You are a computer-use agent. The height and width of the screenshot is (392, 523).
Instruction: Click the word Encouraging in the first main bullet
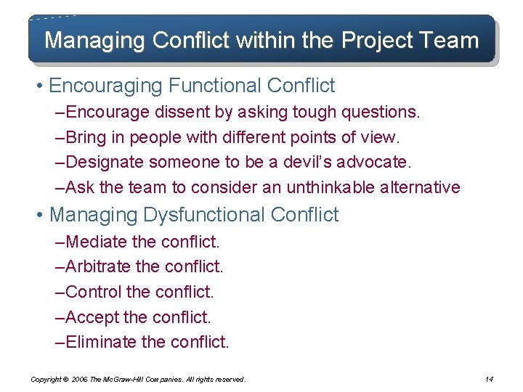click(x=106, y=86)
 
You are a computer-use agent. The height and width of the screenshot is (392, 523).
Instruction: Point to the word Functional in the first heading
click(x=215, y=86)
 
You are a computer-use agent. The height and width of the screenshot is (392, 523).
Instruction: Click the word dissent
click(x=174, y=113)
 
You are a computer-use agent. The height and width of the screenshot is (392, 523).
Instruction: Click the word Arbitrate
click(x=98, y=266)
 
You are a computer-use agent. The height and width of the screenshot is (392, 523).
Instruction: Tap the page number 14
click(x=488, y=379)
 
